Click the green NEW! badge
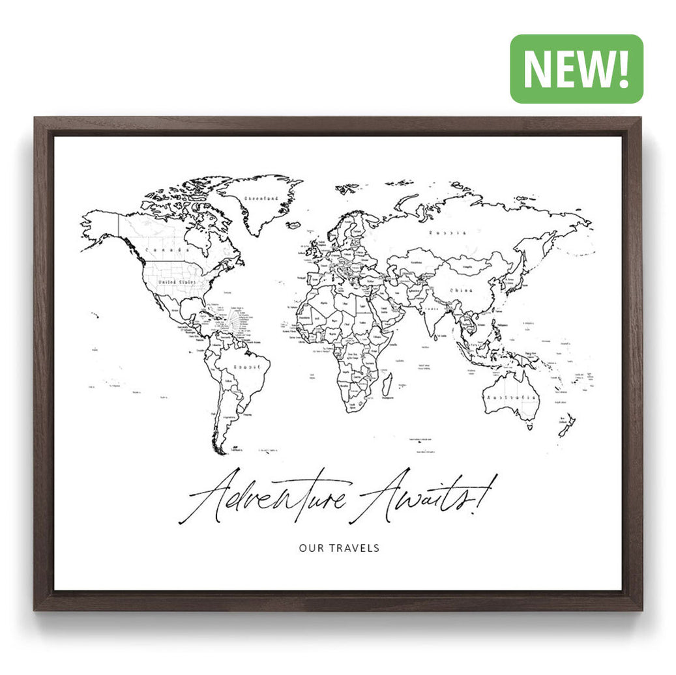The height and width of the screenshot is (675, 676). (576, 69)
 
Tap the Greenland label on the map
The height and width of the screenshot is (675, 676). (260, 198)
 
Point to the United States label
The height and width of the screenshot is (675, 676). (177, 281)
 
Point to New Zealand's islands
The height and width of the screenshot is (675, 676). (566, 425)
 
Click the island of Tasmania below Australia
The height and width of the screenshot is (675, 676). (528, 427)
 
